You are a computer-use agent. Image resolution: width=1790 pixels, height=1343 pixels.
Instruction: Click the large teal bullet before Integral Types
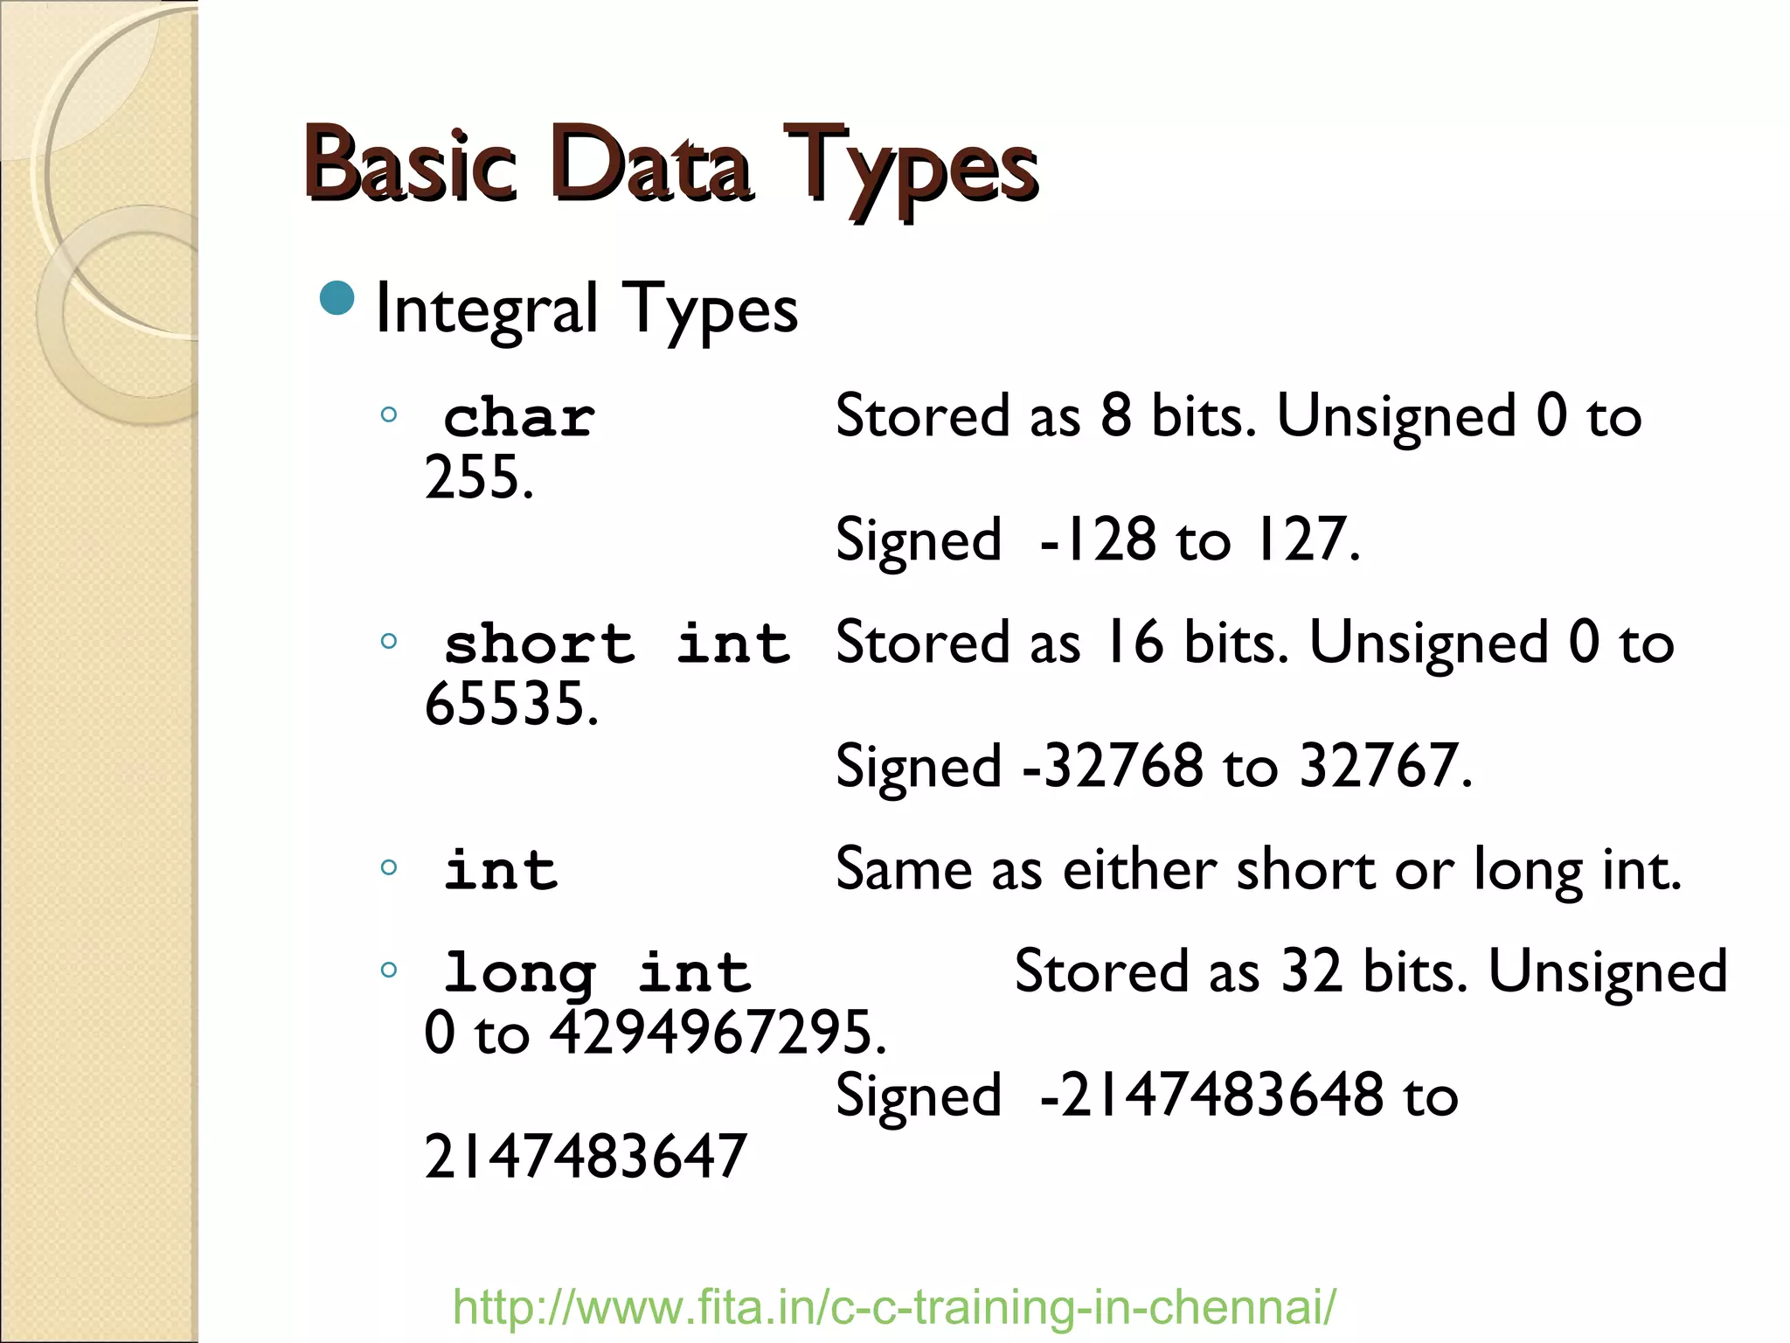[337, 298]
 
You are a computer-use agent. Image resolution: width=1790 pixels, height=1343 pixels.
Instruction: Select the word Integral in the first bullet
[486, 310]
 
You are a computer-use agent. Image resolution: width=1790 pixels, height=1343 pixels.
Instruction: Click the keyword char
[519, 418]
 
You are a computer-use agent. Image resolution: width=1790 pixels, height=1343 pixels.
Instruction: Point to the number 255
[477, 477]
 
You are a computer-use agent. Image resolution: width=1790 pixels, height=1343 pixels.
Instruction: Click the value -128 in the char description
[1098, 539]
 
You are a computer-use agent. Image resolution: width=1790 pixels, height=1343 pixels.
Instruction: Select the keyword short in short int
[539, 644]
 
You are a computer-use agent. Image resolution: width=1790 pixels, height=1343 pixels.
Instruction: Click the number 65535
[510, 704]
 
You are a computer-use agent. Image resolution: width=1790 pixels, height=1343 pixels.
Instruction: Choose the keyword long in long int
[519, 973]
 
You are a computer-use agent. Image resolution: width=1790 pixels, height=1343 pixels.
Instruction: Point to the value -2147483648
[1211, 1096]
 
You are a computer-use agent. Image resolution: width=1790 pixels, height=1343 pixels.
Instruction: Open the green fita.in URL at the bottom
[894, 1306]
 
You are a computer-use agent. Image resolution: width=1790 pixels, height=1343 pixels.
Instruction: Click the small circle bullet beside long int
[389, 969]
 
